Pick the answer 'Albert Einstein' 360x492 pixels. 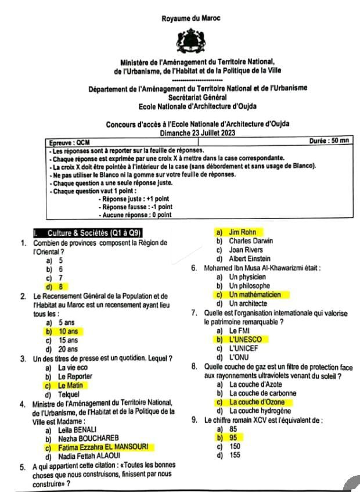click(250, 258)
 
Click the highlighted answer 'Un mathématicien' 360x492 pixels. click(254, 295)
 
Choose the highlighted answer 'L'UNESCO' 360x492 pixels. click(245, 339)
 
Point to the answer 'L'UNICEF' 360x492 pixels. click(245, 348)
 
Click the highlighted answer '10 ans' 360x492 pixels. click(68, 331)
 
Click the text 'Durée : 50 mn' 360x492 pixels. click(329, 141)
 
